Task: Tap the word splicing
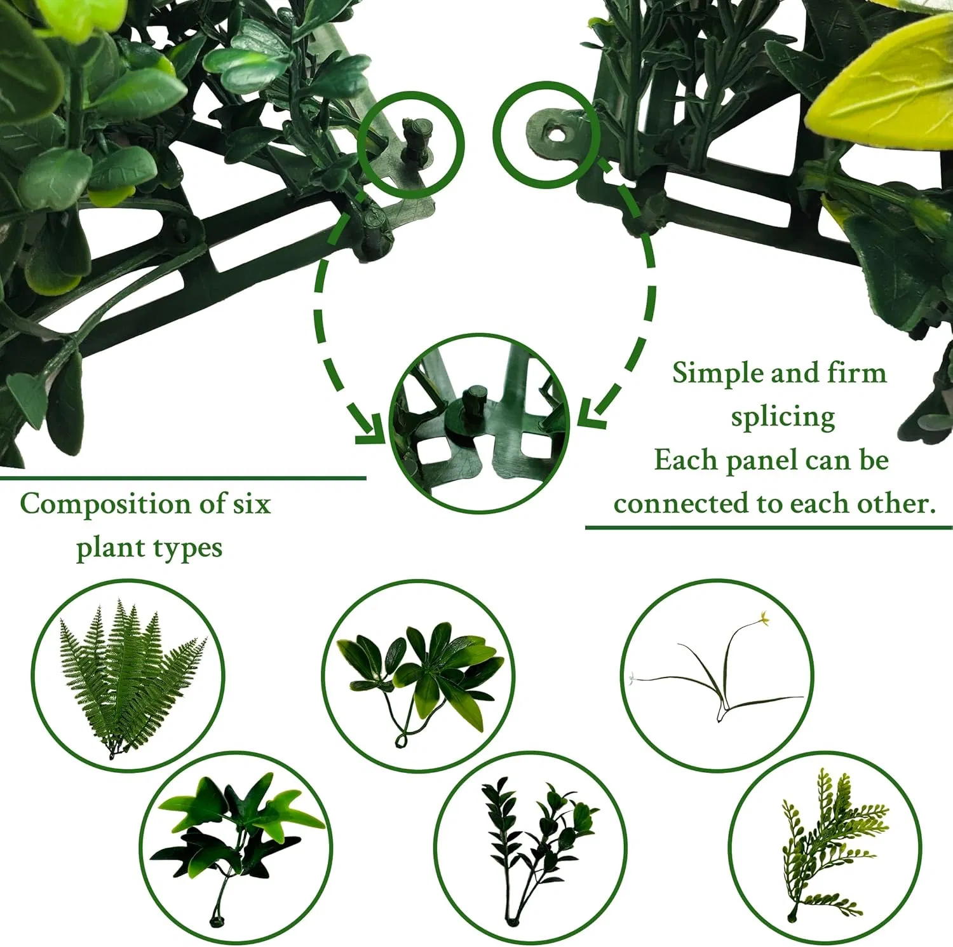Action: coord(783,418)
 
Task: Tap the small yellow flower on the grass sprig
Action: coord(763,617)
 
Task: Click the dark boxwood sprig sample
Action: coord(534,839)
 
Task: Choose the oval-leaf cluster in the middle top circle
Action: coord(419,674)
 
